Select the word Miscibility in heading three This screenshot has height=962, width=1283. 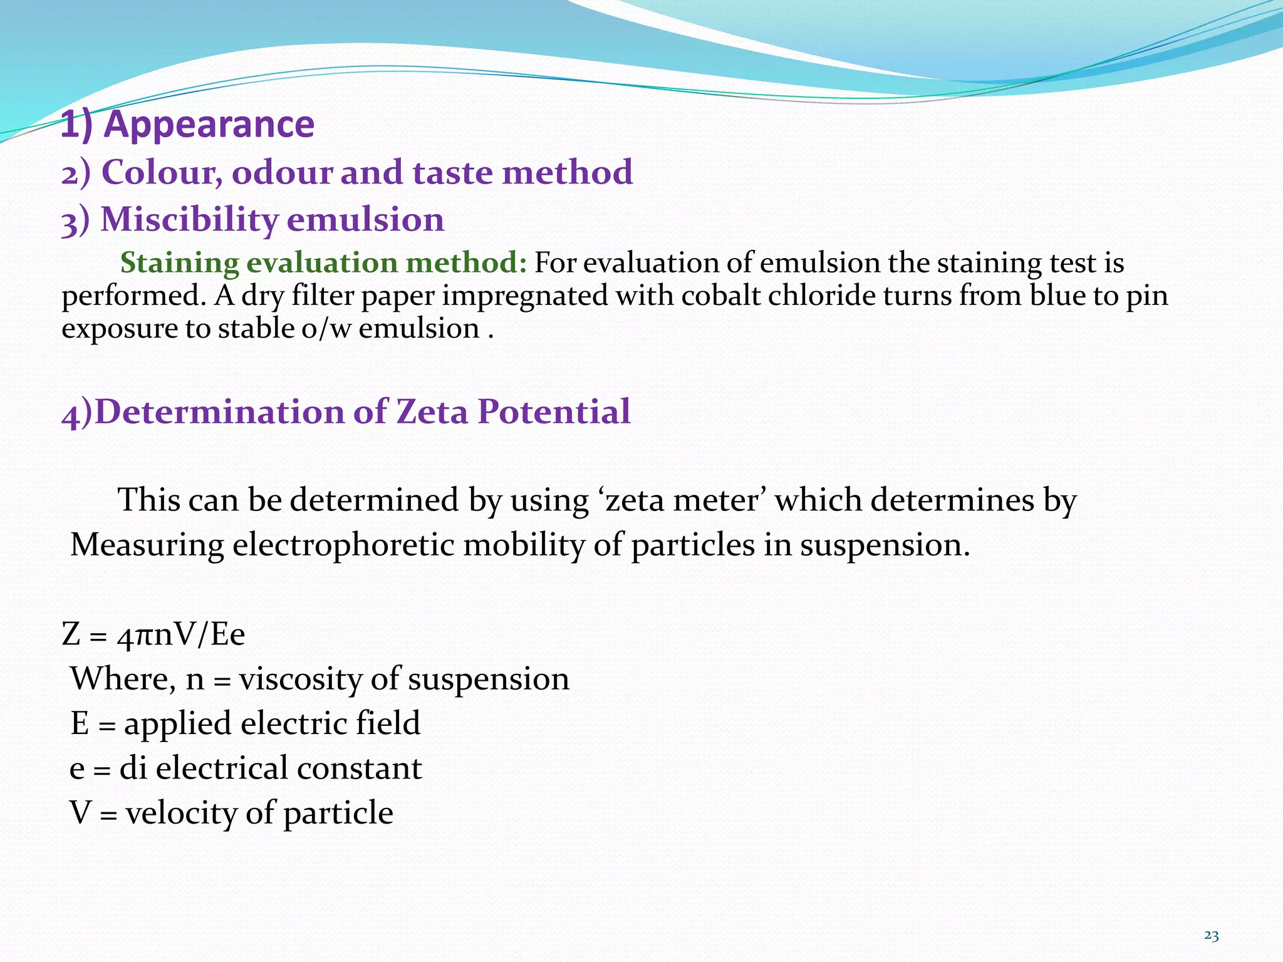[x=189, y=220]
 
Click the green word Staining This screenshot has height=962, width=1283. [x=179, y=263]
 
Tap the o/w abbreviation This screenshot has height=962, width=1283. [x=326, y=329]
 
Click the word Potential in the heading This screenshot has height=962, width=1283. [x=554, y=412]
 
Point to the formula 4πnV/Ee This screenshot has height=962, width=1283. [x=180, y=635]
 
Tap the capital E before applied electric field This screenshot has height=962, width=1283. [x=80, y=724]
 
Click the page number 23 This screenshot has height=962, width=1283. [x=1211, y=936]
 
